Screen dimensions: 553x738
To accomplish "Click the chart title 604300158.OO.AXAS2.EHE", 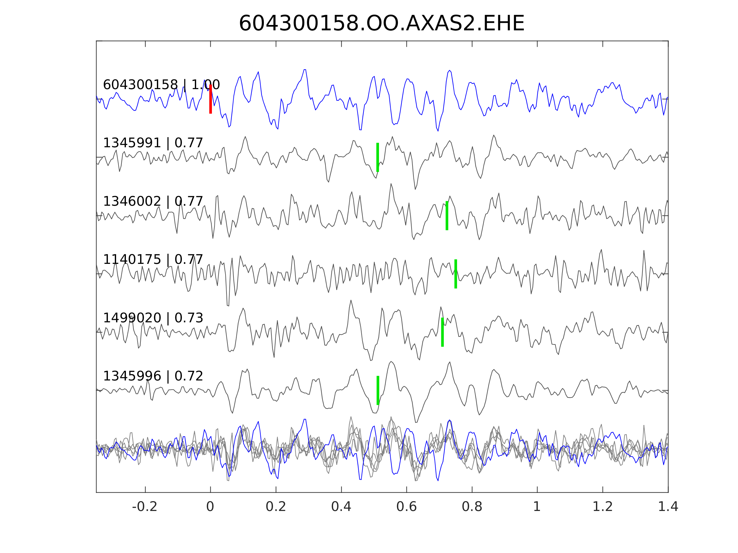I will [382, 24].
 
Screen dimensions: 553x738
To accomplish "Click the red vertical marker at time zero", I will [211, 99].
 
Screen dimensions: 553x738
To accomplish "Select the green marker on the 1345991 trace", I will [378, 157].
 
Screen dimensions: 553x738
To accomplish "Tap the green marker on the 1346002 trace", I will [447, 216].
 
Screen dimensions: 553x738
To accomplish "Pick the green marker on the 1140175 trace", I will [456, 274].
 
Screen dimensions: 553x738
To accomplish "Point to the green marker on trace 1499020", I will [443, 332].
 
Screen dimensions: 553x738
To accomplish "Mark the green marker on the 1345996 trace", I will [378, 391].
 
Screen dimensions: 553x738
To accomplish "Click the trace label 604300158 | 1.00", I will [161, 85].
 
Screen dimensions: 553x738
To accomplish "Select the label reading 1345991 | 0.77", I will [153, 143].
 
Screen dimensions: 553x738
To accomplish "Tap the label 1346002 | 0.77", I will [153, 202].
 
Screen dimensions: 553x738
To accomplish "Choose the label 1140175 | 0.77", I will [153, 260].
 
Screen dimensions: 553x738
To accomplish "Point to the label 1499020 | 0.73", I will [153, 318].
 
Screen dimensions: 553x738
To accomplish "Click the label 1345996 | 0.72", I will [153, 376].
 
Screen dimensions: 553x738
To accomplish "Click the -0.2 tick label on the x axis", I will [145, 507].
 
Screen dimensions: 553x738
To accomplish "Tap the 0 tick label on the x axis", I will [210, 507].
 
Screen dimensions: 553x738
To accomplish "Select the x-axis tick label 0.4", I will [341, 507].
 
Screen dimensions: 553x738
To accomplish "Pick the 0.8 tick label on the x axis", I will [472, 507].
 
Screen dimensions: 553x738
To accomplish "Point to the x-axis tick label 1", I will [537, 507].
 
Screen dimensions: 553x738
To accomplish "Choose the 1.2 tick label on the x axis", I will [603, 507].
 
